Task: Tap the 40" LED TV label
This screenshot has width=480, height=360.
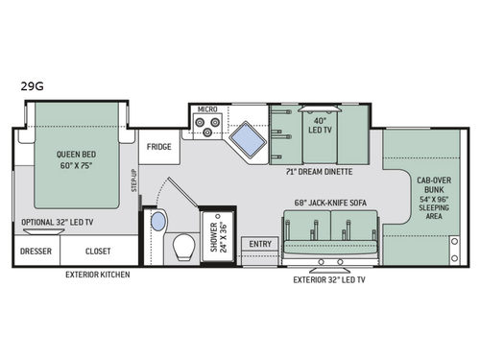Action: click(x=317, y=127)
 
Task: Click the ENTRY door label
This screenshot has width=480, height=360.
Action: click(x=260, y=245)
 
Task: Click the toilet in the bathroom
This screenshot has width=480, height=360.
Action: click(x=180, y=250)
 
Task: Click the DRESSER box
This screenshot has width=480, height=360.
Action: click(x=36, y=252)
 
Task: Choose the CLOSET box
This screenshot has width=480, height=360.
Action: click(x=97, y=252)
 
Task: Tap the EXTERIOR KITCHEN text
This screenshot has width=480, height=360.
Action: click(x=97, y=275)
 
